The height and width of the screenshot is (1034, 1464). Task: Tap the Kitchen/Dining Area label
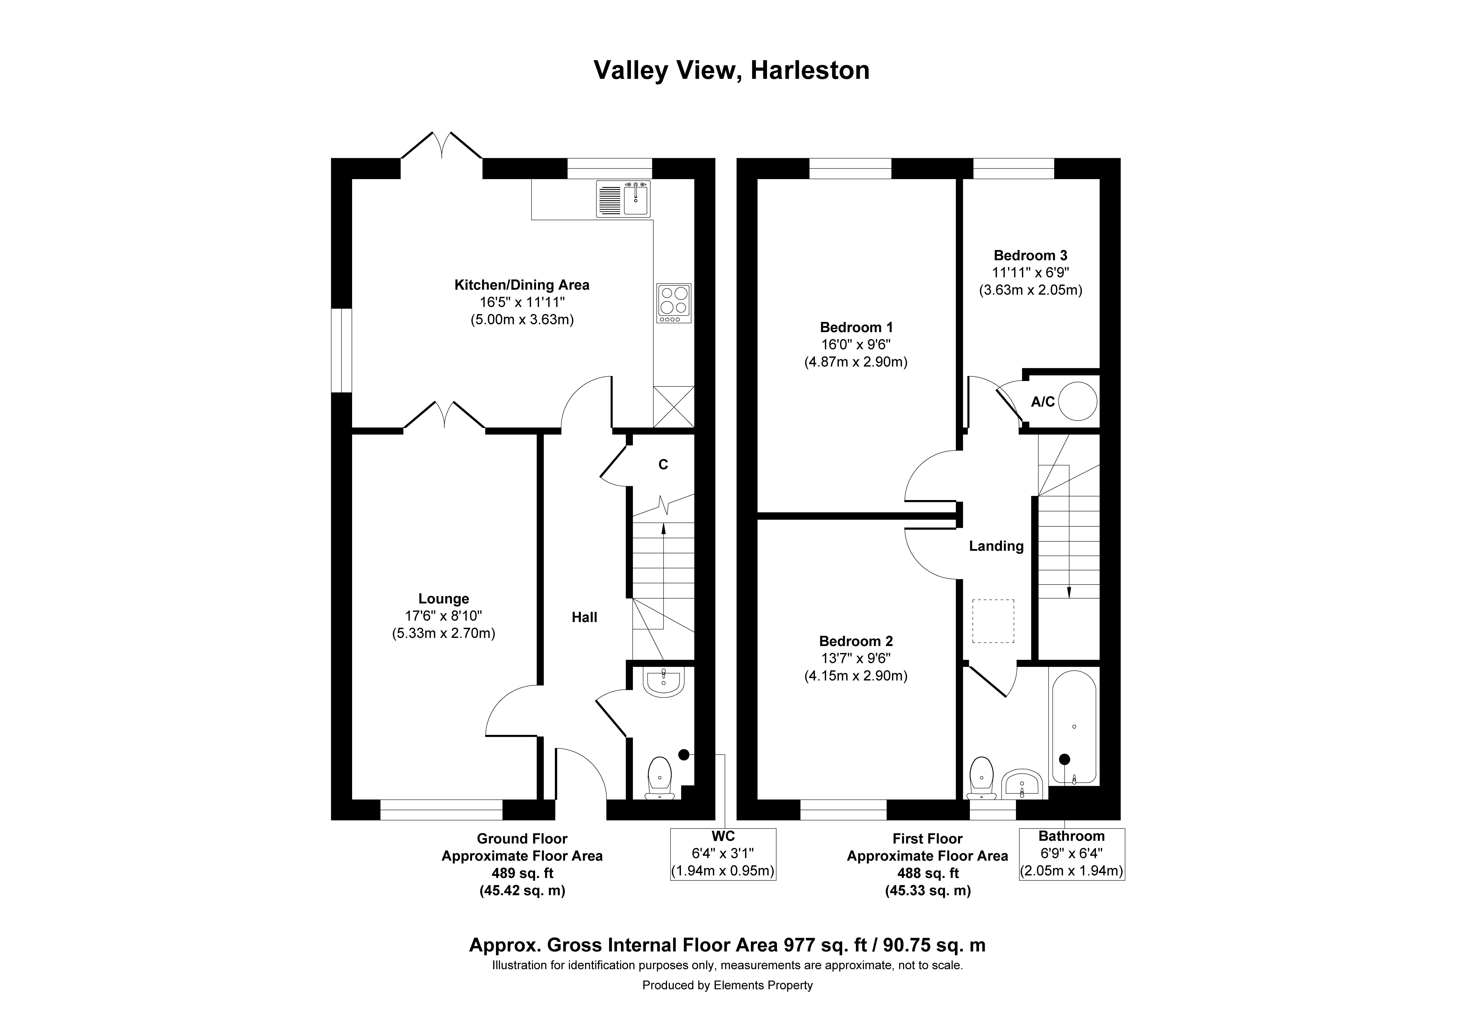(522, 285)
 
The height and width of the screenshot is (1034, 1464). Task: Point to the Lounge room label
(444, 599)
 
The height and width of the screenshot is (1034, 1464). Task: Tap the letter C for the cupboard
(663, 465)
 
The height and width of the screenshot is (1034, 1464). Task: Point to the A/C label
(1043, 402)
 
